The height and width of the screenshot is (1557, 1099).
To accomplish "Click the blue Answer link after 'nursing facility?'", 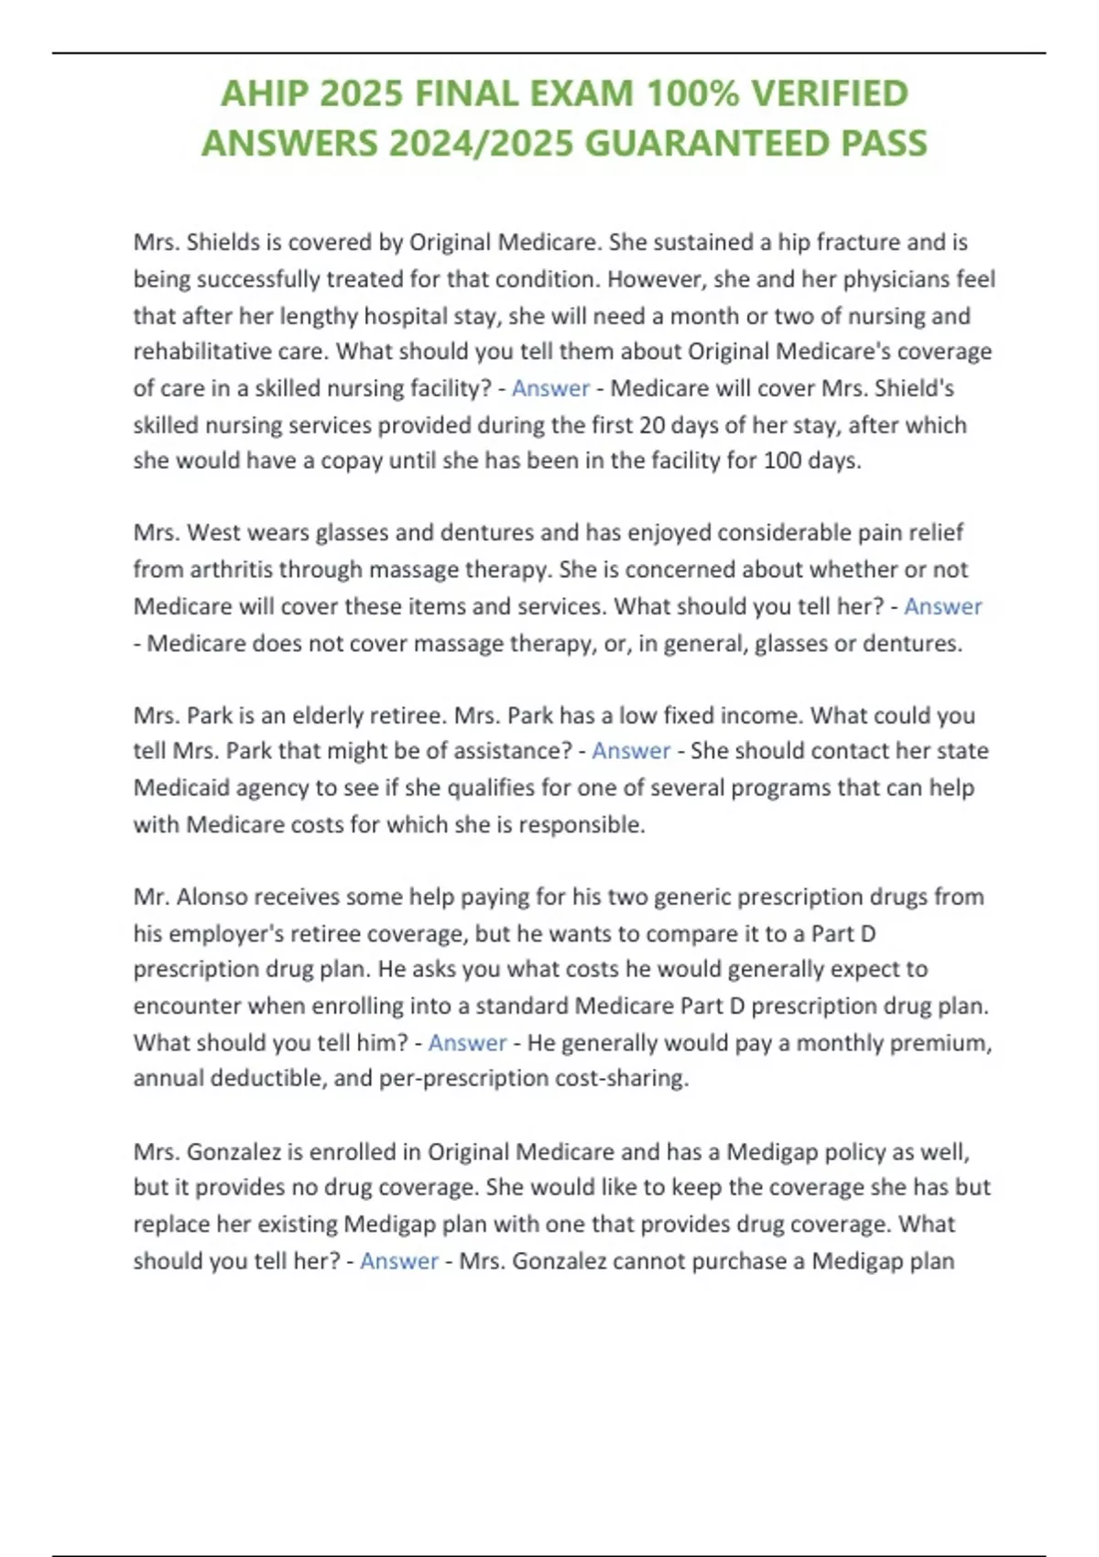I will (x=550, y=388).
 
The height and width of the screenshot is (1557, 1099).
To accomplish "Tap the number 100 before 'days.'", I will (x=782, y=461).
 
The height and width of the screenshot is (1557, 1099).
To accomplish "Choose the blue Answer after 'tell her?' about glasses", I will (x=942, y=606).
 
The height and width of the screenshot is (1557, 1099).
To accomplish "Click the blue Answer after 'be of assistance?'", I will (x=631, y=751).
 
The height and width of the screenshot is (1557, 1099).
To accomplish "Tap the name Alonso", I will (x=212, y=897).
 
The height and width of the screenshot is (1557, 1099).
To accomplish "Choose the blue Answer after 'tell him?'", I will (x=467, y=1042).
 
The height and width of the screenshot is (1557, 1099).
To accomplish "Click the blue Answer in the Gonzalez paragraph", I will (x=398, y=1261).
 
